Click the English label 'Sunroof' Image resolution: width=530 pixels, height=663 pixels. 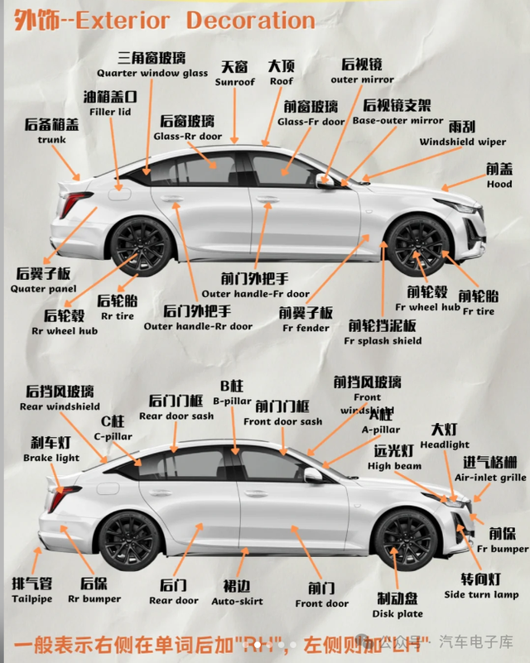pos(235,82)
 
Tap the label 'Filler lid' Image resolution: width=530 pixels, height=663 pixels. pos(110,112)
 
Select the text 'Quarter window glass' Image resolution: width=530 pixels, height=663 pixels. pos(152,73)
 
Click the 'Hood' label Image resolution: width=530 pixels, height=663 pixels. pos(499,185)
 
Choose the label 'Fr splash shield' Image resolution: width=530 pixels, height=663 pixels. pos(383,341)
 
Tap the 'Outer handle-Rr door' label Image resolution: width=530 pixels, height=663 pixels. pos(198,326)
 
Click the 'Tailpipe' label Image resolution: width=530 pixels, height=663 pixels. pos(32,598)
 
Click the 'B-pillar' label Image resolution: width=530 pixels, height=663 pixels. pos(232,401)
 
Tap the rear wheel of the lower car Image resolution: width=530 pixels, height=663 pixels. pos(128,540)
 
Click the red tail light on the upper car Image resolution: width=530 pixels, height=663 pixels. pos(75,202)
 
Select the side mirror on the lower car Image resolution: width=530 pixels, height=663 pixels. pos(313,475)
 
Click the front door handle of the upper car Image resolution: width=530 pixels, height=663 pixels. pos(267,199)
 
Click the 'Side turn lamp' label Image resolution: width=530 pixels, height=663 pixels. pos(481,595)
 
